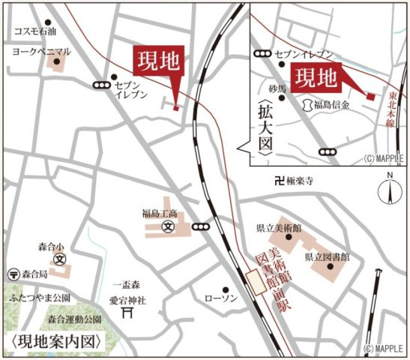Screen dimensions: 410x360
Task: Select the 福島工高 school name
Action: point(158,213)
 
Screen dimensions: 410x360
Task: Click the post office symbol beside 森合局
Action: point(13,274)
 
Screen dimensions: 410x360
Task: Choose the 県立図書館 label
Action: point(326,256)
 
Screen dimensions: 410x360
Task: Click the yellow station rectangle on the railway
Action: point(256,283)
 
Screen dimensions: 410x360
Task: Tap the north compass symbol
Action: point(390,190)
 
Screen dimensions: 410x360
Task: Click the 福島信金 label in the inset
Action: point(331,106)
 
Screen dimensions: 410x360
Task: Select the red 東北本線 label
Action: point(394,110)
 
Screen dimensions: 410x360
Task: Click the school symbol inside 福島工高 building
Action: point(169,225)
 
